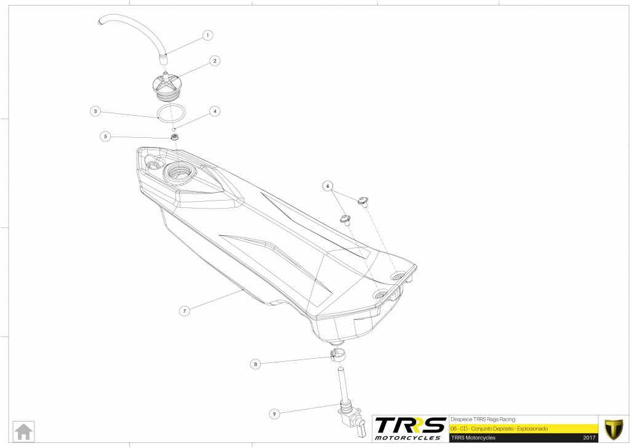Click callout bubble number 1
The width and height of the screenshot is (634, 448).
point(208,36)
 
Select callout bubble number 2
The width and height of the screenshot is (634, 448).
point(215,61)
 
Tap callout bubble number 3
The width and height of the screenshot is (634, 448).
point(95,111)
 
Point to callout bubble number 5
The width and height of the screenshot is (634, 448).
point(106,137)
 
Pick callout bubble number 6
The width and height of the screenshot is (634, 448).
point(327,185)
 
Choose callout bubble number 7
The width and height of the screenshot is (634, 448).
point(183,311)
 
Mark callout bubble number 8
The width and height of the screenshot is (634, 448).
point(255,364)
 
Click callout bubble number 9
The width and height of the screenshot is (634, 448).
point(275,414)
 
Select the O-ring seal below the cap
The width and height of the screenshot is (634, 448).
point(171,113)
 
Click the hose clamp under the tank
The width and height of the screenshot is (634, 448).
point(337,354)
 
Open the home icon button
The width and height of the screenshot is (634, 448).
point(25,431)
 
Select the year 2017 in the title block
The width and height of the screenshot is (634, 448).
point(588,438)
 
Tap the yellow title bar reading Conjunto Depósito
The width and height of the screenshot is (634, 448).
point(523,428)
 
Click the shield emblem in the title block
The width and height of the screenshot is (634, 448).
point(613,427)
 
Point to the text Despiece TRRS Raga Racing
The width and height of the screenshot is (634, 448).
point(483,418)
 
